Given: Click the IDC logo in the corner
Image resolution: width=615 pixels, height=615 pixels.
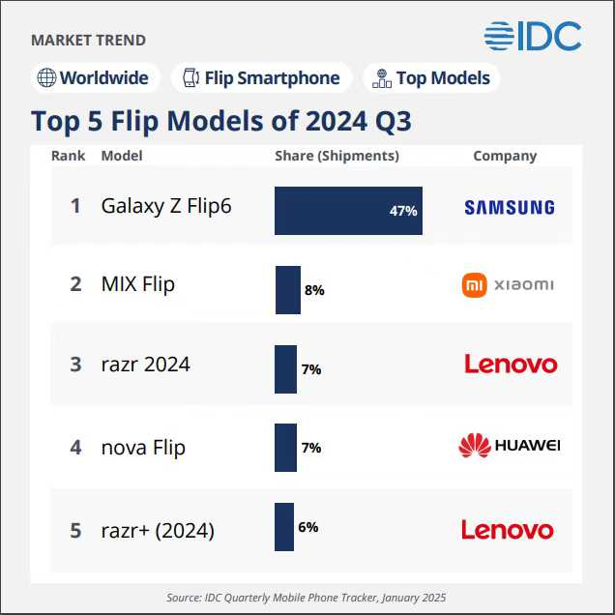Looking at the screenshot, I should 533,36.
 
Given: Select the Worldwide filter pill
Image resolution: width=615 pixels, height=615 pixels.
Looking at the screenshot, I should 93,78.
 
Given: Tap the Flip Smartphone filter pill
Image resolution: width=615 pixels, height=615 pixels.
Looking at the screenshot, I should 261,78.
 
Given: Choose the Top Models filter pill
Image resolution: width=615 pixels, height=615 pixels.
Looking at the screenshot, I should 431,78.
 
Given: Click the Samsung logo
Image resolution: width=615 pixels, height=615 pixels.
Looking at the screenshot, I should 509,207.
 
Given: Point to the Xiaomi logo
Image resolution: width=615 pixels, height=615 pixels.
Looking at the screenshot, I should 509,284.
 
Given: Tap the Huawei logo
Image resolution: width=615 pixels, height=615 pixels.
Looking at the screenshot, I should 509,446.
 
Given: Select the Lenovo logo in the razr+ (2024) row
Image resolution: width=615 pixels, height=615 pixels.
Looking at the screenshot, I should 508,530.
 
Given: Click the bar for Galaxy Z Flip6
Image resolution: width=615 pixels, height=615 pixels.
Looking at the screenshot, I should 348,211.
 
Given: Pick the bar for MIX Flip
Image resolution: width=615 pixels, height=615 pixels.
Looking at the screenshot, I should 287,290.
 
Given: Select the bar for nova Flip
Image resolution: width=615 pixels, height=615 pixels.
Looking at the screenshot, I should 285,448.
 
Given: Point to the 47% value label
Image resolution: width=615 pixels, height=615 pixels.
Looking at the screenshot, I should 403,211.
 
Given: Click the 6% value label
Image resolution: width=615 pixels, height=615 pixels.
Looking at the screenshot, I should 308,527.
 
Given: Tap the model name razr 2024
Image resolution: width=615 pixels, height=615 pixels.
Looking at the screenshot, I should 145,365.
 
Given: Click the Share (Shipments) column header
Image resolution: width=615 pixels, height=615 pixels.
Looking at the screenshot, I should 337,156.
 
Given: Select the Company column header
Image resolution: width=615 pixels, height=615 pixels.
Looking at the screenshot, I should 505,156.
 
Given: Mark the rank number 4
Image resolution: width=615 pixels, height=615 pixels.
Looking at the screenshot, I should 75,448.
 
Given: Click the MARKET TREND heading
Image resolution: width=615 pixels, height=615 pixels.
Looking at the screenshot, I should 89,41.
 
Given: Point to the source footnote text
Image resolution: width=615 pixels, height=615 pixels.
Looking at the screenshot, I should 307,598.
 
